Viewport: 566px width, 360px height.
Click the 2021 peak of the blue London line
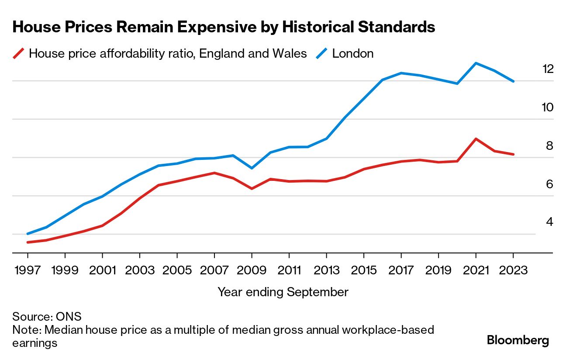click(x=476, y=63)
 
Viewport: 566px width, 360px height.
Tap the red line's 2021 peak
click(x=476, y=138)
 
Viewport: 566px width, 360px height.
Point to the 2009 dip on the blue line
click(x=252, y=168)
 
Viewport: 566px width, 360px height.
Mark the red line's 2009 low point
click(x=252, y=189)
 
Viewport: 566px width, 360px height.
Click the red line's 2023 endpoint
click(x=513, y=154)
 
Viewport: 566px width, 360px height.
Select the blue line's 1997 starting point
click(x=28, y=234)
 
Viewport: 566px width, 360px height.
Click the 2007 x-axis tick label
click(x=214, y=270)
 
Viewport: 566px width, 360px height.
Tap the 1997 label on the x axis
click(x=28, y=270)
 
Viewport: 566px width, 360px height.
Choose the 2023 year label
click(x=513, y=270)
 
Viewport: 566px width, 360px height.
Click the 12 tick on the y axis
click(x=547, y=69)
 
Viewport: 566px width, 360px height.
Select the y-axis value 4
click(x=549, y=222)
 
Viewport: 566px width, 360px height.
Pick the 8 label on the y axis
click(x=549, y=145)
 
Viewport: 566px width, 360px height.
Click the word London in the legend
click(x=353, y=54)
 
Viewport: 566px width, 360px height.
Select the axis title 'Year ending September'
click(x=283, y=292)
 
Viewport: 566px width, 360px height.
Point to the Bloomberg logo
click(x=518, y=340)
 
